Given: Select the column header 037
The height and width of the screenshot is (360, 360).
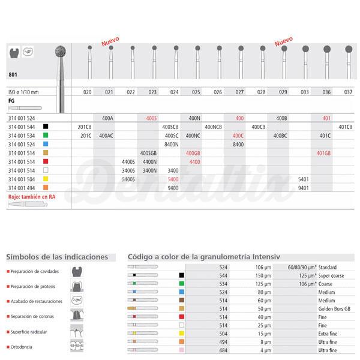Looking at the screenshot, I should pyautogui.click(x=348, y=92).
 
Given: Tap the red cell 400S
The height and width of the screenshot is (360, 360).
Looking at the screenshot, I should pyautogui.click(x=152, y=118).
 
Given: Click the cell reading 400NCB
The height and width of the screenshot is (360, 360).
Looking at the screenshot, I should pyautogui.click(x=217, y=127).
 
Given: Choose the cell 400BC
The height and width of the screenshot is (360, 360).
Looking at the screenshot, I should pyautogui.click(x=281, y=136).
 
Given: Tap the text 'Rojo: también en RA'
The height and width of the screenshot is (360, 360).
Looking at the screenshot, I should pyautogui.click(x=31, y=196).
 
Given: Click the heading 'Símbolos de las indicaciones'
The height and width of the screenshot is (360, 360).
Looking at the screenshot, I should pyautogui.click(x=57, y=257).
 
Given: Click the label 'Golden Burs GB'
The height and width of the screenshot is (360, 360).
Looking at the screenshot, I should pyautogui.click(x=337, y=307).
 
